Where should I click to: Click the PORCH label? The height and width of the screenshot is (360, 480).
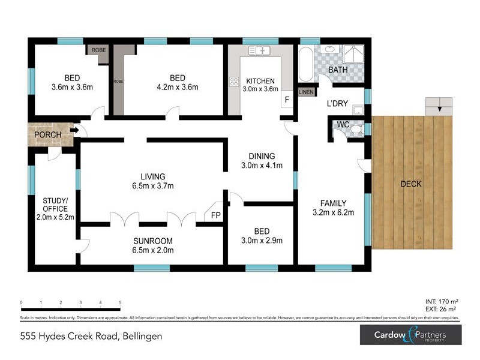pyautogui.click(x=47, y=135)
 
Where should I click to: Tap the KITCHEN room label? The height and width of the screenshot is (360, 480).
pyautogui.click(x=260, y=81)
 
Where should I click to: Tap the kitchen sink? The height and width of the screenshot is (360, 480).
pyautogui.click(x=260, y=51)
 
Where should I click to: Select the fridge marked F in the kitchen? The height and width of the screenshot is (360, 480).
pyautogui.click(x=287, y=99)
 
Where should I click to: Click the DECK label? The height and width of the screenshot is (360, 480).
pyautogui.click(x=411, y=184)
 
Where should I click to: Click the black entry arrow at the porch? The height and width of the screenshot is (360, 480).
pyautogui.click(x=74, y=130)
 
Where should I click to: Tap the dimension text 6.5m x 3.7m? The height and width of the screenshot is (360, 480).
pyautogui.click(x=153, y=186)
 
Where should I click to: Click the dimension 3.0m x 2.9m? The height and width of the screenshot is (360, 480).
pyautogui.click(x=261, y=241)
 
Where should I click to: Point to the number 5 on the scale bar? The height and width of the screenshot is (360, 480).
pyautogui.click(x=120, y=303)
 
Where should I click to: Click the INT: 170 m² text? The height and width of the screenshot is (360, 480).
pyautogui.click(x=441, y=302)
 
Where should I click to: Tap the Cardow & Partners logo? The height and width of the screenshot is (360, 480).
pyautogui.click(x=410, y=334)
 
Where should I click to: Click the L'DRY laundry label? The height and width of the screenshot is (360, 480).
pyautogui.click(x=337, y=103)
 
